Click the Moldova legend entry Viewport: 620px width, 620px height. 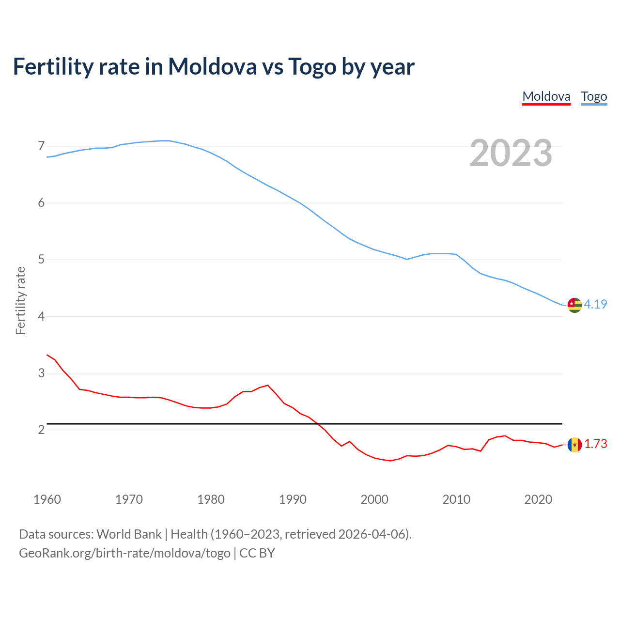pos(546,96)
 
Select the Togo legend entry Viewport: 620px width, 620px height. pos(594,96)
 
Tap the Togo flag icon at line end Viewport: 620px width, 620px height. pos(574,305)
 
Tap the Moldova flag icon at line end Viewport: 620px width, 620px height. pos(574,444)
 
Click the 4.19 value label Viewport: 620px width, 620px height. pos(595,304)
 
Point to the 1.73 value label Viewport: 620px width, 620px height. pos(595,444)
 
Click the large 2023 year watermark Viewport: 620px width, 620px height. pos(511,153)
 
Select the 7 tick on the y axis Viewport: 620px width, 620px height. pos(41,146)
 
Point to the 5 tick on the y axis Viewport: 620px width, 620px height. pos(41,260)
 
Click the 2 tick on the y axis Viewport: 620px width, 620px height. pos(41,430)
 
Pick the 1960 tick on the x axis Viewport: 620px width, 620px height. pos(47,499)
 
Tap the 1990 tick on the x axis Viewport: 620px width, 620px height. pos(293,499)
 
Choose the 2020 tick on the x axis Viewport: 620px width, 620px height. pos(538,499)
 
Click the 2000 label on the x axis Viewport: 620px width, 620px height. pos(374,499)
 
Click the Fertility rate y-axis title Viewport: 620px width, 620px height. pos(20,300)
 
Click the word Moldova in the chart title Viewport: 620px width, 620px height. pos(212,67)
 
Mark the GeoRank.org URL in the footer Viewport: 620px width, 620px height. pos(124,553)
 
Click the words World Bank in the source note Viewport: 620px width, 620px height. pos(129,534)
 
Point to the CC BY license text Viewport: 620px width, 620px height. pos(257,553)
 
